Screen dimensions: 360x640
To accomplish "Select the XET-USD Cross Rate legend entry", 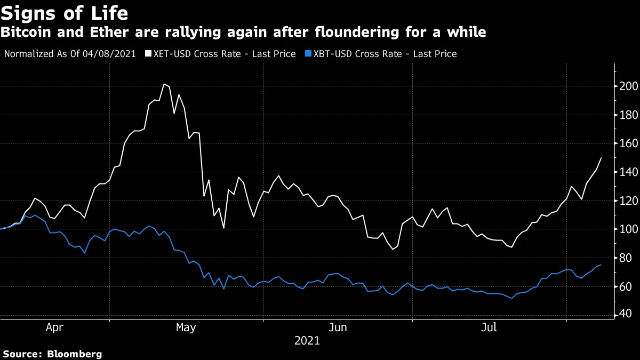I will [x=224, y=54].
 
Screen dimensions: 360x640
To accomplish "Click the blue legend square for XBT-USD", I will [x=308, y=54].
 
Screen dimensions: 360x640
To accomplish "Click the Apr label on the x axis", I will [x=55, y=328].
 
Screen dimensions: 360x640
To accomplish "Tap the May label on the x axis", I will [x=186, y=328].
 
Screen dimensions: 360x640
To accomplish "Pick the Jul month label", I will [x=489, y=328].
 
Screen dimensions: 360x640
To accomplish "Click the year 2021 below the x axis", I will [x=307, y=340].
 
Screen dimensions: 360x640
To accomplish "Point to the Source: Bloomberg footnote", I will [x=52, y=354].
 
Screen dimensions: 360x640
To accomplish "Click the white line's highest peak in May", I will [x=164, y=84].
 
